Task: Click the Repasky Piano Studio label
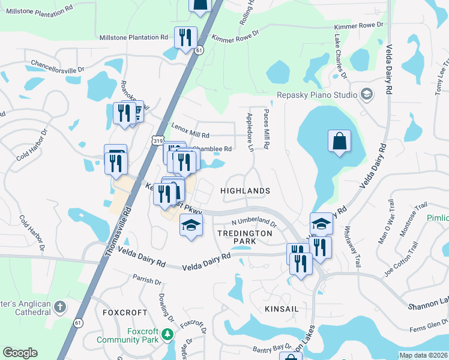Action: click(316, 95)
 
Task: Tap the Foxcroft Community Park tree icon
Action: click(169, 334)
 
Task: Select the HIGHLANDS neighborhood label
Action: click(245, 190)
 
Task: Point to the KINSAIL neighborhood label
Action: click(282, 308)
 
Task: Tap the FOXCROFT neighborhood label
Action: click(125, 313)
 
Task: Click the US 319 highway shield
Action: click(158, 140)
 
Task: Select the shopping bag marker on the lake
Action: click(339, 142)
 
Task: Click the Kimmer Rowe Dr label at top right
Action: click(359, 26)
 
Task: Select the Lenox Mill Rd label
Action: click(190, 130)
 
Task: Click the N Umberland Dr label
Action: click(250, 223)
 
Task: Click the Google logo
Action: click(20, 353)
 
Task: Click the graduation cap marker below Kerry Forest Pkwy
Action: click(191, 226)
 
